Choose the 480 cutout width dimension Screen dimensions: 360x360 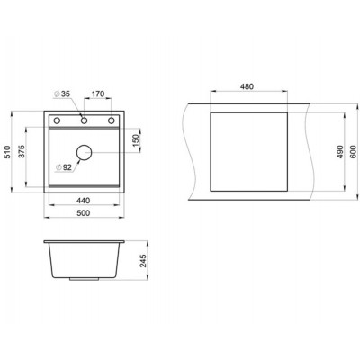[x=248, y=87]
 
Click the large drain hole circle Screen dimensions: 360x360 [x=84, y=153]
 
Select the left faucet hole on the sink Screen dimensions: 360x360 [x=56, y=120]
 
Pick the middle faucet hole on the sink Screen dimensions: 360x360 [x=84, y=120]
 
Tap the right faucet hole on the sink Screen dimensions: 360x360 [x=112, y=120]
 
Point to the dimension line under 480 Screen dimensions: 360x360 [x=248, y=94]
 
